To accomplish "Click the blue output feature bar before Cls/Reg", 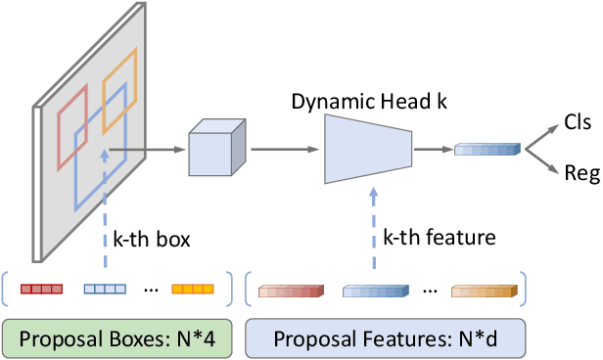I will click(x=485, y=149).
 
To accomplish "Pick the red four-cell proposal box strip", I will click(x=42, y=289).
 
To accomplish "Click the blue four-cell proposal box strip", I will click(x=105, y=289).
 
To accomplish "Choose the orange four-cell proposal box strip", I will click(x=192, y=289).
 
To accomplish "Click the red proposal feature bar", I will click(x=290, y=290).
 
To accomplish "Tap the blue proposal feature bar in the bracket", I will click(x=374, y=290).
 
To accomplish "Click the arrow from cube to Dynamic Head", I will click(x=283, y=150).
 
